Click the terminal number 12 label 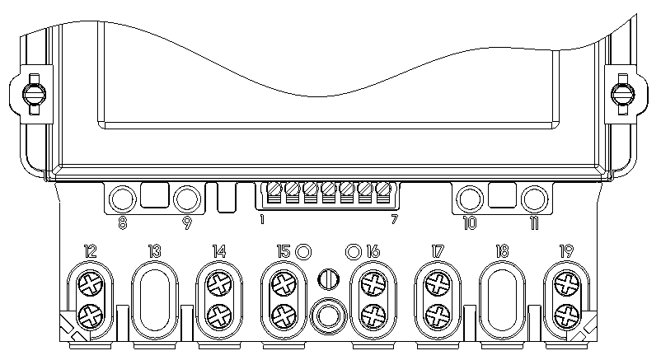(x=90, y=251)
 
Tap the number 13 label (x=155, y=251)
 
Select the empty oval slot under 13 (x=155, y=300)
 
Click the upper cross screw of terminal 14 (x=219, y=284)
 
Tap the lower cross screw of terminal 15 (x=284, y=316)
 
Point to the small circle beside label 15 (x=303, y=252)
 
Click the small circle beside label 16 (x=354, y=252)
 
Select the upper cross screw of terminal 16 (x=373, y=284)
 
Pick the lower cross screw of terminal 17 (x=438, y=316)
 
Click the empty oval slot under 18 (x=502, y=300)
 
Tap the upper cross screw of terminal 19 (x=566, y=284)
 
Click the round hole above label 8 (x=122, y=199)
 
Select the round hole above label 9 (x=187, y=199)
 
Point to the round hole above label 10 (x=470, y=199)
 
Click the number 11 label (x=534, y=223)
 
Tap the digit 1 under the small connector (x=262, y=220)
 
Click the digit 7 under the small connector (x=394, y=220)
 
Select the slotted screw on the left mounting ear (x=34, y=94)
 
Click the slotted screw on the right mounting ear (x=622, y=94)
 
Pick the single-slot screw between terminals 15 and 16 (x=328, y=279)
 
